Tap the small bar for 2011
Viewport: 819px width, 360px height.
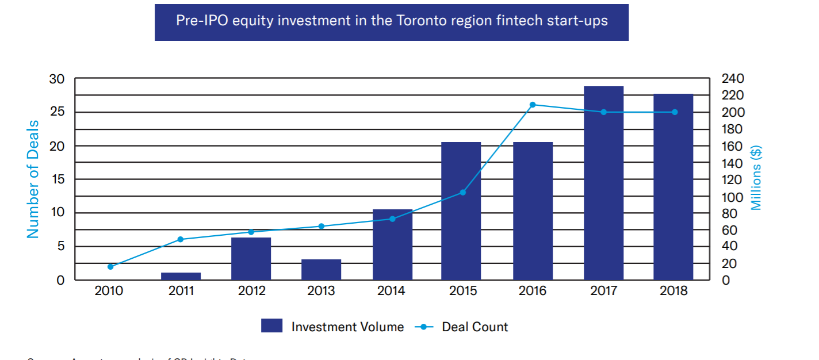[x=181, y=276]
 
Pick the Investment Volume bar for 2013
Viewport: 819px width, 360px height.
[x=321, y=270]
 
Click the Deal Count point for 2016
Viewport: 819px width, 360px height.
[x=533, y=105]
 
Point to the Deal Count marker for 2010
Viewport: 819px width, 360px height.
[x=110, y=266]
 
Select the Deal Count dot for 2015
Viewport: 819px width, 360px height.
[x=463, y=192]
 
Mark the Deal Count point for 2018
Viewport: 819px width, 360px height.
[x=675, y=112]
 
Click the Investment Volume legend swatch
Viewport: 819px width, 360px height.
[x=271, y=326]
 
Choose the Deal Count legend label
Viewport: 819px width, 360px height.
[x=474, y=327]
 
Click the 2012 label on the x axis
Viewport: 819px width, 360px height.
[x=251, y=291]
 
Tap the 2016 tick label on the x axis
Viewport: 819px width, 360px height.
[x=533, y=291]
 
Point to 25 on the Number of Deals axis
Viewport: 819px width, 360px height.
[x=56, y=112]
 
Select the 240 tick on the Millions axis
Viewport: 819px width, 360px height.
[x=733, y=78]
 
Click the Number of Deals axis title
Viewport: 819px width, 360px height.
[x=33, y=179]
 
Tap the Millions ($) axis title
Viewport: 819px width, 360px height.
[x=756, y=178]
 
